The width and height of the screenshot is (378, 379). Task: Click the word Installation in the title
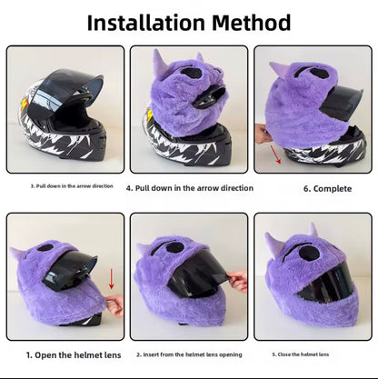146,23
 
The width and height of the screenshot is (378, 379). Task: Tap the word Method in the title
251,23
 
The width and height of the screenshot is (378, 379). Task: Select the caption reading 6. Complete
327,189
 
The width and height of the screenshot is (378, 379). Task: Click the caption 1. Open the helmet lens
74,354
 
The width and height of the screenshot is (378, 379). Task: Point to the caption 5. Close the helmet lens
300,354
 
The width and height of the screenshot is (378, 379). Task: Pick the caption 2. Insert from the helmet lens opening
189,354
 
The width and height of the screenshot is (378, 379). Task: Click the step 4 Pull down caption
190,188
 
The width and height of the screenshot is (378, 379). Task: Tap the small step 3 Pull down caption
72,186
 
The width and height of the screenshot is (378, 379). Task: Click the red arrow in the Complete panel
276,155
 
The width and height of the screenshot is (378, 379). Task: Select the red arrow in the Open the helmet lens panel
112,278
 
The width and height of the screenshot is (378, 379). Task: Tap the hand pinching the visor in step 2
238,281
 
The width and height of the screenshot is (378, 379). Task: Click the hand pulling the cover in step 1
115,305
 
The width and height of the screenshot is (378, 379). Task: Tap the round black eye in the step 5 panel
307,253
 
